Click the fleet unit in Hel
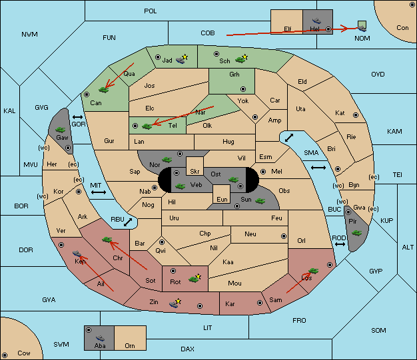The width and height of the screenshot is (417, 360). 316,21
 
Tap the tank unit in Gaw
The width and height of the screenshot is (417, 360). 61,130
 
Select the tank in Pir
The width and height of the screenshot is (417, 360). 356,233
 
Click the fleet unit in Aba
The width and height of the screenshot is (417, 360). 101,338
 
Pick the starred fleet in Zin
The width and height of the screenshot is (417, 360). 175,303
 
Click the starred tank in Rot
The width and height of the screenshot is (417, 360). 195,278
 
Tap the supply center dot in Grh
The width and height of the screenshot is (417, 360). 243,89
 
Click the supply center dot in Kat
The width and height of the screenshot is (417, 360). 356,115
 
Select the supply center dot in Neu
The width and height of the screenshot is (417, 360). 284,236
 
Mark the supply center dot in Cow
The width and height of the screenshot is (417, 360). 5,355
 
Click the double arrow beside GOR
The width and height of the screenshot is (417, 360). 78,117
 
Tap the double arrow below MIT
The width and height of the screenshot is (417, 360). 99,192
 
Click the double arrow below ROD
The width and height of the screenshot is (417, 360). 340,244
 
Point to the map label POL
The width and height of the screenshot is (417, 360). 151,11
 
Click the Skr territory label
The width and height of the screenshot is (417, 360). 195,172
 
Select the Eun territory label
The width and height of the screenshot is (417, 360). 222,199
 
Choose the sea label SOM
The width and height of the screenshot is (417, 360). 378,330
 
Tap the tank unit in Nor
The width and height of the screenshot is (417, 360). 167,160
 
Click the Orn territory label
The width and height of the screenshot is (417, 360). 130,345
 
